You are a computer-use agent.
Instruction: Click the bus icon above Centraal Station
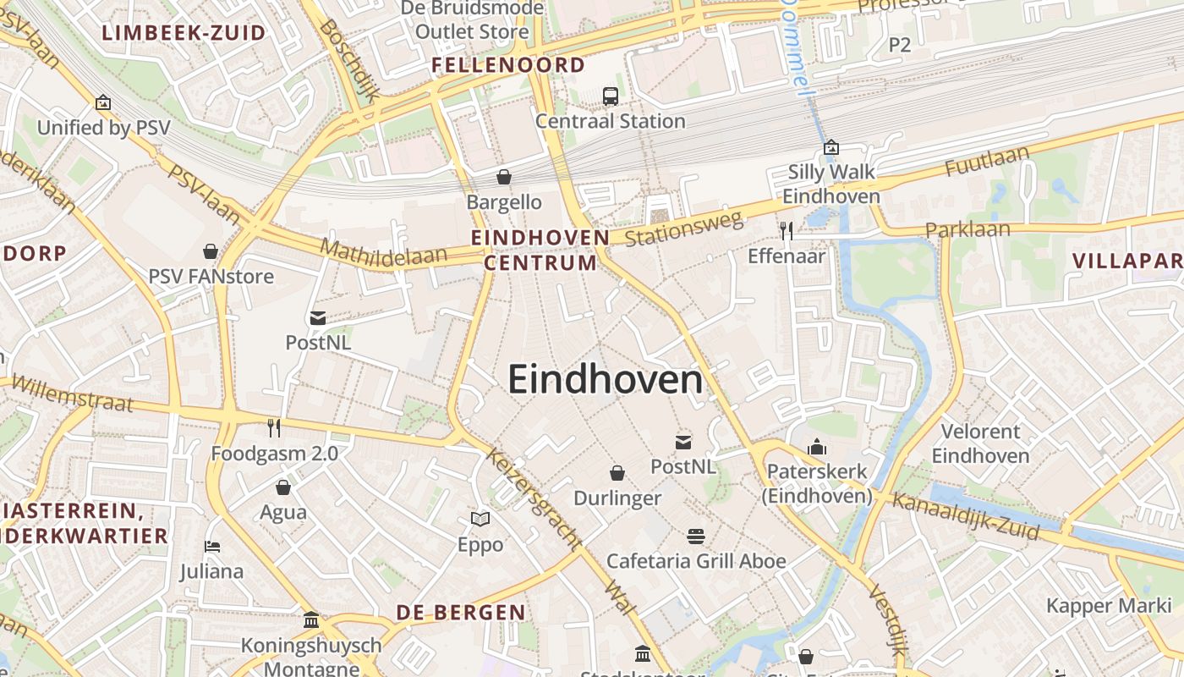[x=611, y=96]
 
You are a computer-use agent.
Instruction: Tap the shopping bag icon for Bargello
[x=504, y=177]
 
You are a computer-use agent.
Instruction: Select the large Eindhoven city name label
[x=606, y=380]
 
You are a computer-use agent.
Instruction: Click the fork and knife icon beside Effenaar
[x=787, y=230]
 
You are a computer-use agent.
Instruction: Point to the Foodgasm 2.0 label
[x=274, y=454]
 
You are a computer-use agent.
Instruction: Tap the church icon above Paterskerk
[x=817, y=446]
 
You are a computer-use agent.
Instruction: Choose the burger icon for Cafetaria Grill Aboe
[x=696, y=536]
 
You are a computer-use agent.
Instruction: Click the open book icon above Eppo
[x=480, y=519]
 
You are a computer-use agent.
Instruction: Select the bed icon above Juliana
[x=211, y=547]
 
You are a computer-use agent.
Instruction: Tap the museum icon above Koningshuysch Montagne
[x=311, y=620]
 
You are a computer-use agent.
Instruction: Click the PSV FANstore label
[x=211, y=276]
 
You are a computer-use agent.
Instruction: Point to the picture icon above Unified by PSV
[x=103, y=103]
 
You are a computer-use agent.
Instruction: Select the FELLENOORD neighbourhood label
[x=508, y=65]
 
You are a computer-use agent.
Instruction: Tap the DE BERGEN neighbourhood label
[x=461, y=612]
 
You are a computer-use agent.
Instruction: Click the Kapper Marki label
[x=1103, y=606]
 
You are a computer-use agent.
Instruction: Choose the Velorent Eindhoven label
[x=981, y=443]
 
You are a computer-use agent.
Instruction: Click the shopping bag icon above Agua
[x=283, y=487]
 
